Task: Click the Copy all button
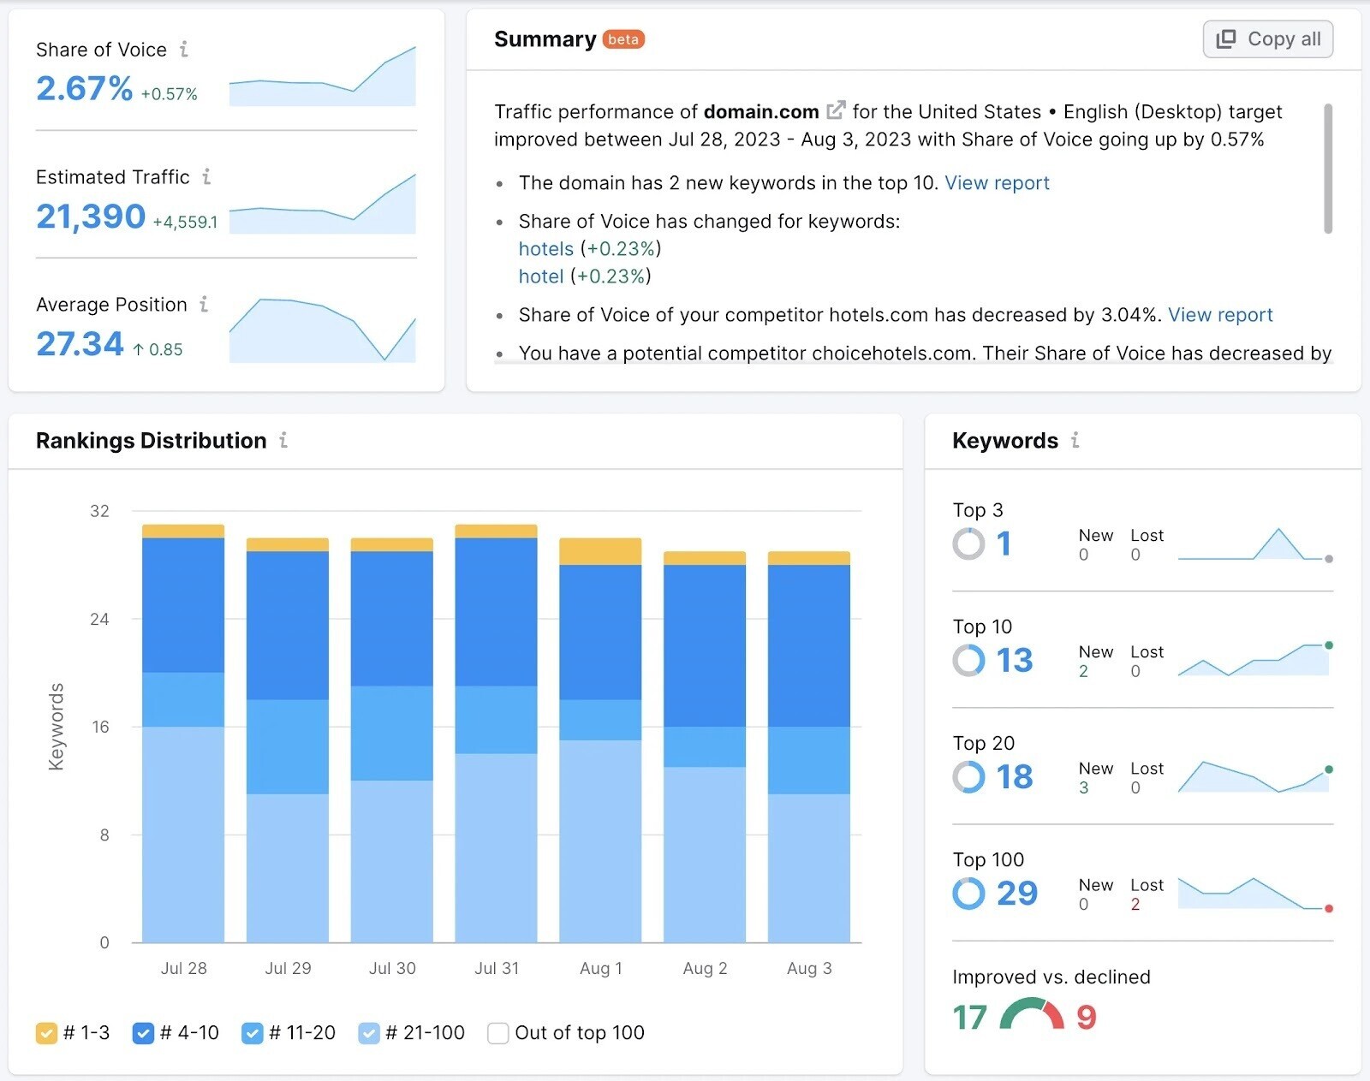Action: point(1267,39)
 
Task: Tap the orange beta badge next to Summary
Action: point(623,39)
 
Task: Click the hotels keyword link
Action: point(545,249)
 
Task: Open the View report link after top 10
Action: point(997,183)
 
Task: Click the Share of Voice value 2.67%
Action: point(84,88)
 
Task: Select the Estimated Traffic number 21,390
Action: point(91,217)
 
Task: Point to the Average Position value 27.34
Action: point(80,344)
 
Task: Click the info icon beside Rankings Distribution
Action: point(283,440)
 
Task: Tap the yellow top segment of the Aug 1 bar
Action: point(600,551)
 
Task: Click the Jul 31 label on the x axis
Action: point(497,968)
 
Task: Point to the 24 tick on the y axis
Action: point(99,619)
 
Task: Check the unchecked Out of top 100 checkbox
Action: point(497,1033)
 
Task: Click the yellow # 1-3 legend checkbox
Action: point(46,1033)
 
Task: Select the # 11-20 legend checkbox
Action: point(252,1033)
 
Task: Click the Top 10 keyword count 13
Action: point(1015,660)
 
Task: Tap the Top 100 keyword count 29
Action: point(1016,894)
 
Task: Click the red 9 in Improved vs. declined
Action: point(1086,1017)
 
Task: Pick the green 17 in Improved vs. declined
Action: point(970,1017)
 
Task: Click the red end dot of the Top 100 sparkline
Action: point(1329,908)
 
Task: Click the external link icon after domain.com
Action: point(836,110)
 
